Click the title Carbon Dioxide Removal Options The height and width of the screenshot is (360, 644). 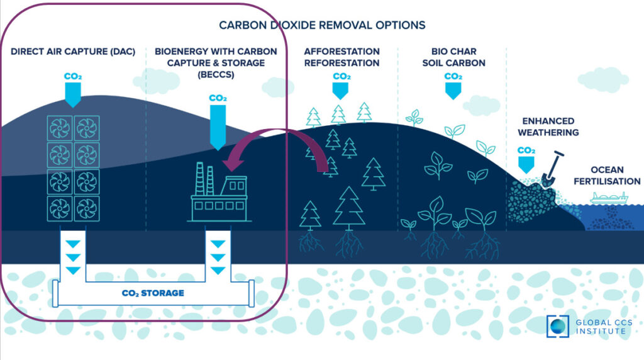point(322,25)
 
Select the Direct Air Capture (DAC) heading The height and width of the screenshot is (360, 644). point(73,51)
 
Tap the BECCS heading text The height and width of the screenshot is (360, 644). point(210,62)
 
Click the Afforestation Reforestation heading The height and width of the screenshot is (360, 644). point(341,57)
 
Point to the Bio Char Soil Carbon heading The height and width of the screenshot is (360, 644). point(453,57)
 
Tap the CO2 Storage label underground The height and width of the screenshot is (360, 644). point(153,293)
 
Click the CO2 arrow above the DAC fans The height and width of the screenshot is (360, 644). point(73,88)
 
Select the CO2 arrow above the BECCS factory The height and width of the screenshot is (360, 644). point(218,120)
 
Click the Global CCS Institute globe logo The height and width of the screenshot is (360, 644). point(557,327)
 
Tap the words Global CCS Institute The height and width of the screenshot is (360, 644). point(601,327)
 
